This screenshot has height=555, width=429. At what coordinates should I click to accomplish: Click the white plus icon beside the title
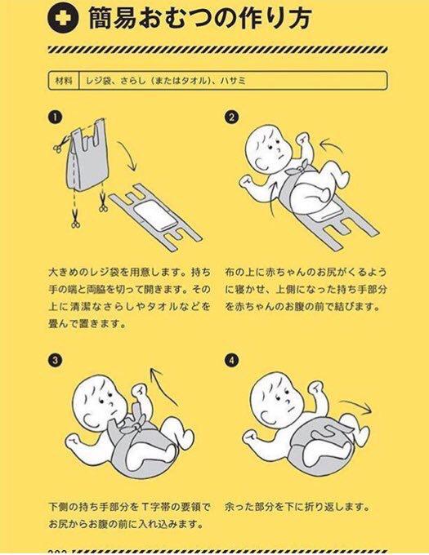coord(63,19)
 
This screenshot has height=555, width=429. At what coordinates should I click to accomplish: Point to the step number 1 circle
coord(54,118)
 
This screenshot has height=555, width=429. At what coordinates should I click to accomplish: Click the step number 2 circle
coord(231,118)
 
